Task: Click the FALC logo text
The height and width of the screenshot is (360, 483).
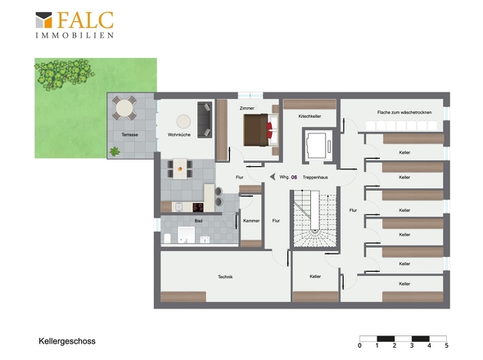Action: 85,20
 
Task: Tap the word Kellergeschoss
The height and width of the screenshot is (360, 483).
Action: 67,341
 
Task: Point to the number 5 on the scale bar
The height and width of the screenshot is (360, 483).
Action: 447,345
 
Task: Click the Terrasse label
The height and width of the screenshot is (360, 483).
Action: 129,134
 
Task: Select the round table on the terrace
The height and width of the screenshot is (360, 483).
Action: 124,108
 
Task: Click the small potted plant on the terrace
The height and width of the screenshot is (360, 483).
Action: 115,151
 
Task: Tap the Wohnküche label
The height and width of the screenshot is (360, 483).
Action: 179,134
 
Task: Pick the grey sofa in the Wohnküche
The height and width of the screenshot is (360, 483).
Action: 205,119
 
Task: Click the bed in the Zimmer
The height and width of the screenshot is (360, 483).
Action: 261,129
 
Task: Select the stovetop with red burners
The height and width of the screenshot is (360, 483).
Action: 198,207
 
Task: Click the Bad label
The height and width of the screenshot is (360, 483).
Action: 198,221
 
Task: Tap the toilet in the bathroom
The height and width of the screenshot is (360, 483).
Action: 167,238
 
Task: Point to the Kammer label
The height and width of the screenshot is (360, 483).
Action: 251,221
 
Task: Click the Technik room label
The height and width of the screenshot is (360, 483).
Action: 225,277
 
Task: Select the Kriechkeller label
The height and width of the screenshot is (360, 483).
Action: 309,116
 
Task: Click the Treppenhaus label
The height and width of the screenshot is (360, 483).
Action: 315,178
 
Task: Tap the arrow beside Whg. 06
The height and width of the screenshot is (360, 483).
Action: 273,177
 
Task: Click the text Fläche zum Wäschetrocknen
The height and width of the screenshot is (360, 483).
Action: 404,112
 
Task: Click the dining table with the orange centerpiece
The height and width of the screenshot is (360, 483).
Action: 180,169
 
